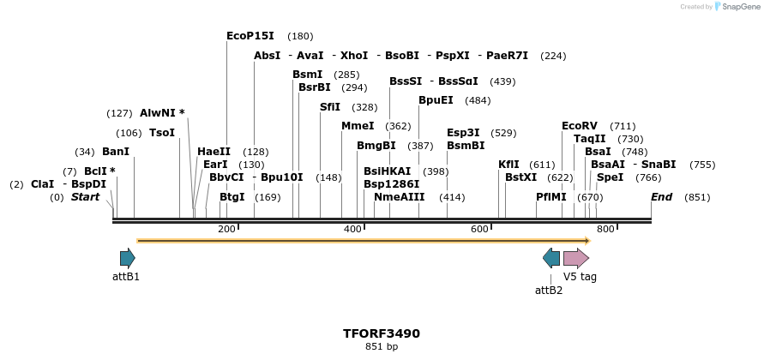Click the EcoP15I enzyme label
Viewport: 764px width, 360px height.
tap(250, 36)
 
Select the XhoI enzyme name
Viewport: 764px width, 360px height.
tap(354, 56)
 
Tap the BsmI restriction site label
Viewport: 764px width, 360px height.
tap(307, 75)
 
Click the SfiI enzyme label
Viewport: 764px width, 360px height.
tap(329, 107)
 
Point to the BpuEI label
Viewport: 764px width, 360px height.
tap(436, 100)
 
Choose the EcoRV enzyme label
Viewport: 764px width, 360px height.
tap(579, 126)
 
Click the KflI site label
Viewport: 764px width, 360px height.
tap(508, 165)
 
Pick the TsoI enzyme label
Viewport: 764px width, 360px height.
tap(162, 133)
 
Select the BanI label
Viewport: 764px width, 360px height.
tap(116, 152)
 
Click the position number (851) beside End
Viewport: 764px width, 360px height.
tap(697, 197)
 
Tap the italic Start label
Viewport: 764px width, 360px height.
tap(85, 197)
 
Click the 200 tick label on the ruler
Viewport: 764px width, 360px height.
tap(226, 229)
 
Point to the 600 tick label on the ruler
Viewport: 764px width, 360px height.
tap(479, 229)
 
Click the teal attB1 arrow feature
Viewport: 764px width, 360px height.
tap(127, 258)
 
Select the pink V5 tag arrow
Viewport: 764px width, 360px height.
tap(575, 258)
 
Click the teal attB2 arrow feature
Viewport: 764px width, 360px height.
tap(551, 258)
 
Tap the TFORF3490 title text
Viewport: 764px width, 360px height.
tap(382, 333)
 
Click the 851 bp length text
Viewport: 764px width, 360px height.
tap(382, 347)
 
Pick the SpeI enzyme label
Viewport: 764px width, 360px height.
tap(610, 177)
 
